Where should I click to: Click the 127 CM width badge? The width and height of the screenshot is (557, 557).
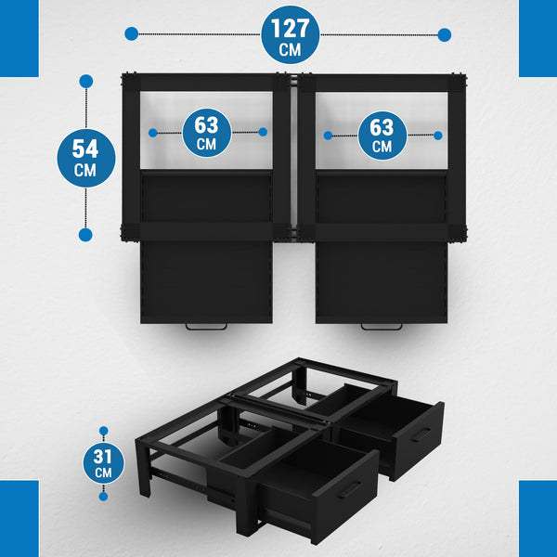coord(291,35)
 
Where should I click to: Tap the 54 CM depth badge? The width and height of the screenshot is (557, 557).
coord(86,158)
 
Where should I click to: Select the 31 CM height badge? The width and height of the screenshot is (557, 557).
coord(103,463)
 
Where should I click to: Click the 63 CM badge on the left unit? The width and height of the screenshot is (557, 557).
coord(207,133)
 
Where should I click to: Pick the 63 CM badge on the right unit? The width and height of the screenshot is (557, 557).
coord(382,136)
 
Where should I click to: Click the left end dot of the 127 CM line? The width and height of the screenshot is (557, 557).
coord(132,34)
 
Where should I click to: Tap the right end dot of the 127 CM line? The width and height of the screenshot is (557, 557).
coord(445,35)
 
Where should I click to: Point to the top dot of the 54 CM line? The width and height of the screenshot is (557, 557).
coord(86,82)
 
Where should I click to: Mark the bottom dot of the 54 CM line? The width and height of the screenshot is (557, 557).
coord(85,235)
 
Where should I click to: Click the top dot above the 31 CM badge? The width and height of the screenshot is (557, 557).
coord(103,431)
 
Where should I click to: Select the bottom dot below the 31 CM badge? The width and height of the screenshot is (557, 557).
coord(103,497)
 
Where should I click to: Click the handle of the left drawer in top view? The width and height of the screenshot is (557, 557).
coord(206,327)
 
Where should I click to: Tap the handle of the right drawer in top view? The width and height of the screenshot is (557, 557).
coord(382,327)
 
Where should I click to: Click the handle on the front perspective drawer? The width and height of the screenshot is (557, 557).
coord(350,490)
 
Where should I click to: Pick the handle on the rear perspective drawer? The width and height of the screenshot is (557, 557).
coord(421,434)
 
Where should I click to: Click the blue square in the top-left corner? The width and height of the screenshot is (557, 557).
coord(19,38)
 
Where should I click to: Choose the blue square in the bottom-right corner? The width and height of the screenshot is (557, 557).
coord(538,519)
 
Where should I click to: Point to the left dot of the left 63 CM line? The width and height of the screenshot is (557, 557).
coord(153,133)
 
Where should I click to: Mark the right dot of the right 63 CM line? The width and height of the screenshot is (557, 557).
coord(438,136)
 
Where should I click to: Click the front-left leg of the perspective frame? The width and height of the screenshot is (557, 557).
coord(144,468)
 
